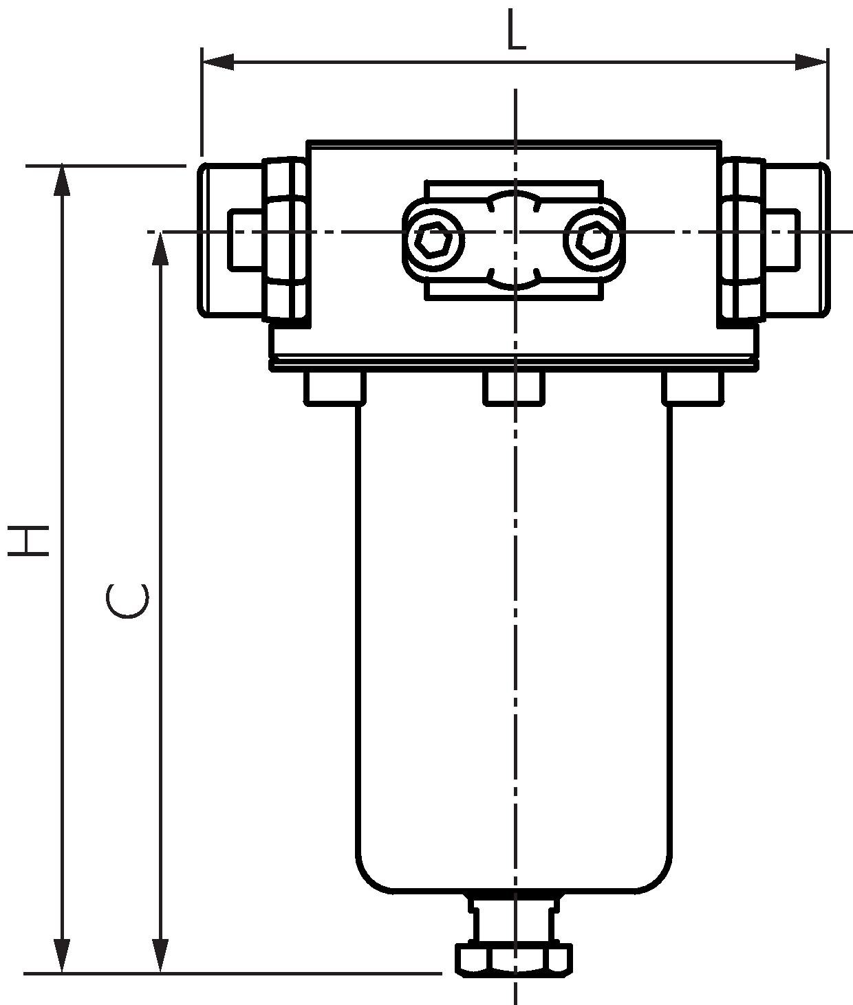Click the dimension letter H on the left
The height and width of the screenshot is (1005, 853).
(29, 540)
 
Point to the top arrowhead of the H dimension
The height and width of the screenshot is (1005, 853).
(63, 180)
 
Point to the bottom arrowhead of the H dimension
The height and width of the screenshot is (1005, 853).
(63, 956)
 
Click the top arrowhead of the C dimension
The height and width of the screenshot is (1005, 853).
(160, 249)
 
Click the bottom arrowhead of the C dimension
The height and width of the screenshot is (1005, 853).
(160, 956)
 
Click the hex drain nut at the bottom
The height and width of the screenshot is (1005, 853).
(514, 959)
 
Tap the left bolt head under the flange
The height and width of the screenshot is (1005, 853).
(335, 388)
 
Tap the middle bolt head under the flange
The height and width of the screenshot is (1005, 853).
(514, 388)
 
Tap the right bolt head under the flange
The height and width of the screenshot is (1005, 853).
(693, 388)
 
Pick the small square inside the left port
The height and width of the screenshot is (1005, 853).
(244, 239)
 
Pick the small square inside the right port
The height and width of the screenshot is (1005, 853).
(783, 239)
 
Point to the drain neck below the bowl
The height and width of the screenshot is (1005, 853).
(514, 918)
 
